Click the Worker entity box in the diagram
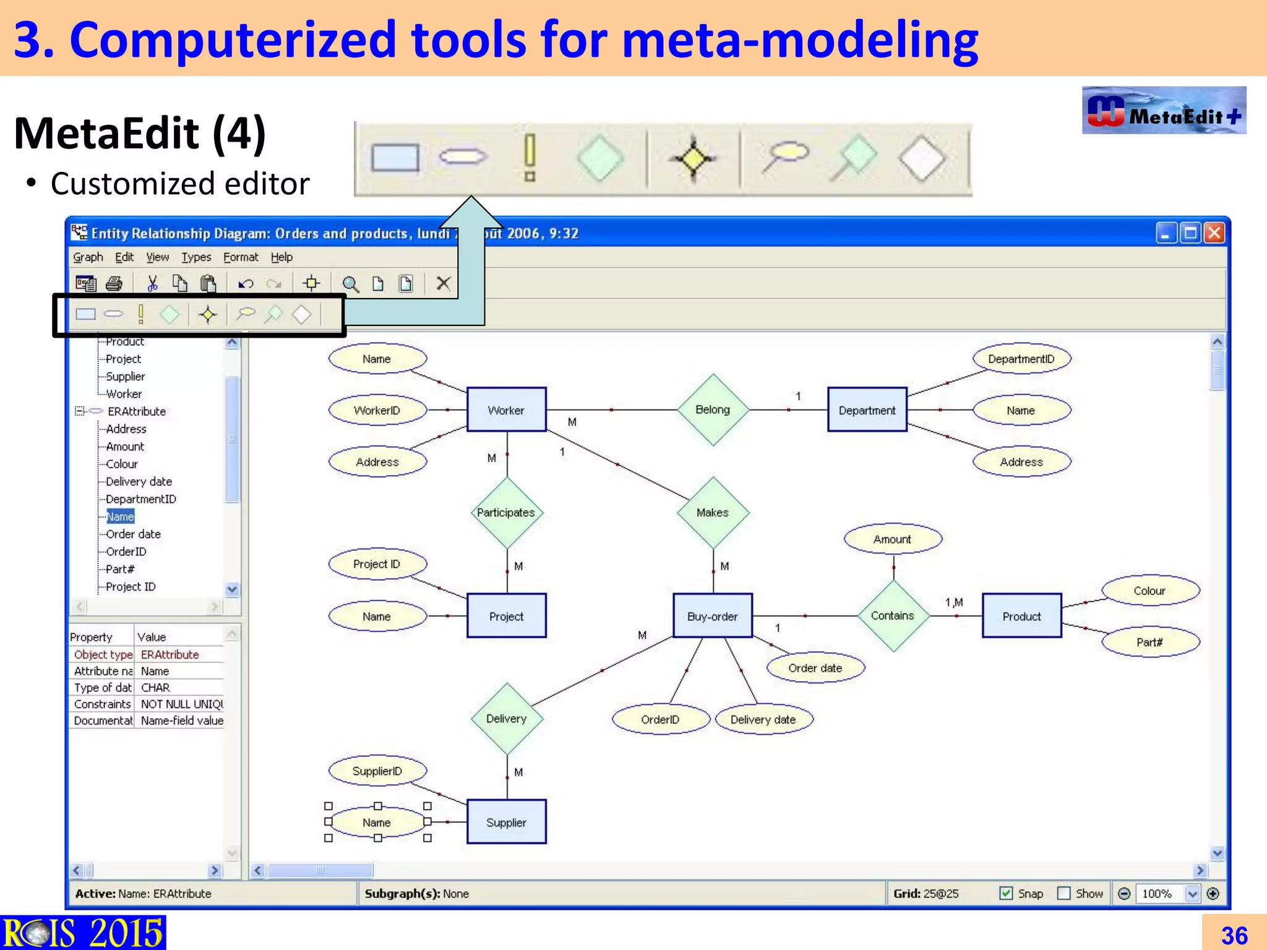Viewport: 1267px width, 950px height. point(506,410)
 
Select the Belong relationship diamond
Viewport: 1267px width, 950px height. point(713,409)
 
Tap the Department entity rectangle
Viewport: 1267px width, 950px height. point(867,410)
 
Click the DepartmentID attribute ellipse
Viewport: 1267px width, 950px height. point(1021,359)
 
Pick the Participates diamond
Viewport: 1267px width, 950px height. point(506,512)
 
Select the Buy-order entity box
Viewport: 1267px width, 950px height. point(712,616)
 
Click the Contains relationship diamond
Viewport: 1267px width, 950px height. point(893,615)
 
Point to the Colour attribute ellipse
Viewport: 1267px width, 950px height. point(1149,591)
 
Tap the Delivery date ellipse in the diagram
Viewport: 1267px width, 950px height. point(763,719)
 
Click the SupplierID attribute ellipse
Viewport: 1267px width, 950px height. point(377,771)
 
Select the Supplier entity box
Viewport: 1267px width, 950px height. point(506,822)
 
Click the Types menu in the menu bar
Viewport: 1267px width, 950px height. point(195,257)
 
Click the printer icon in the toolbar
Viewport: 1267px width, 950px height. point(114,284)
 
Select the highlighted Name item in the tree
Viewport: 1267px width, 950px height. point(120,516)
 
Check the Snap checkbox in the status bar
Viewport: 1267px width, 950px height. point(1006,893)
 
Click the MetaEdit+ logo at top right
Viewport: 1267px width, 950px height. point(1164,111)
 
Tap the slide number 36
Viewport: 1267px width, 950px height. point(1234,935)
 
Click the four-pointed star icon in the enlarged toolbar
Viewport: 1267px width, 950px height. point(693,159)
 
